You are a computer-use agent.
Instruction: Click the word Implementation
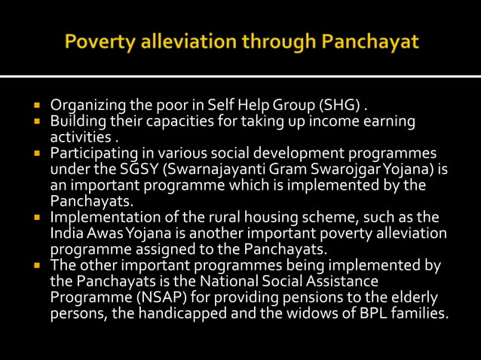pyautogui.click(x=98, y=218)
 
